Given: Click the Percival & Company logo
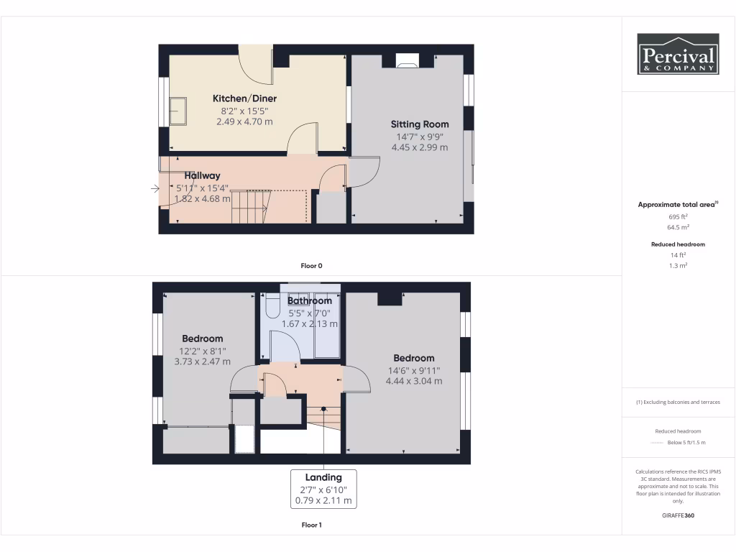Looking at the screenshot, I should click(x=678, y=54).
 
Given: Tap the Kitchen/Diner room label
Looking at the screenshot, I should click(x=244, y=98).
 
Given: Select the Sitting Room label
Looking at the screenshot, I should click(x=420, y=124).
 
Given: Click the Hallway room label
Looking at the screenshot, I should click(x=202, y=175).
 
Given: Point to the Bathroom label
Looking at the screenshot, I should click(x=310, y=301).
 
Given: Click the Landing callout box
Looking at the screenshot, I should click(x=323, y=489).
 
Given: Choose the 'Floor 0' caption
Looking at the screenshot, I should click(x=311, y=266).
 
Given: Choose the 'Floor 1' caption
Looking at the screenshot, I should click(x=311, y=525).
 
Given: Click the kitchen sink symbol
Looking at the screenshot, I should click(x=177, y=111).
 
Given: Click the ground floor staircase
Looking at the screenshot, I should click(x=250, y=206).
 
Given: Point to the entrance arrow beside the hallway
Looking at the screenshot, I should click(x=155, y=189).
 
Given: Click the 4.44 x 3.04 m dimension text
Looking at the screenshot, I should click(x=413, y=381).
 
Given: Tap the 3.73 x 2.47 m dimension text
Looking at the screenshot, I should click(x=202, y=362).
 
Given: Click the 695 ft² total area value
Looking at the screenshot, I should click(x=678, y=216).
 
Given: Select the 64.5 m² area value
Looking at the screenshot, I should click(x=678, y=227).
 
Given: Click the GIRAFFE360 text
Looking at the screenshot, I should click(x=678, y=515).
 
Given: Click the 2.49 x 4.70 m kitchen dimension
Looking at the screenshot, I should click(x=244, y=122).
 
